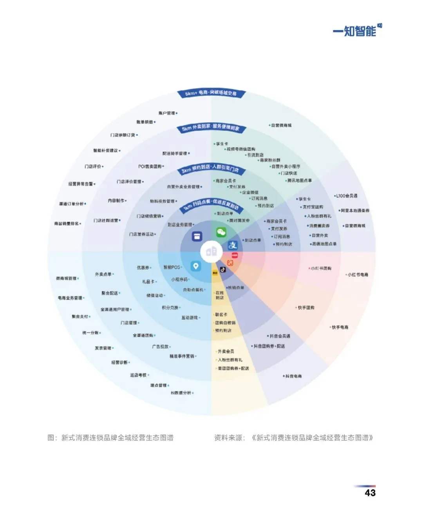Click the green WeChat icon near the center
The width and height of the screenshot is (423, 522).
click(221, 232)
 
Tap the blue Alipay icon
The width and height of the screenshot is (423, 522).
click(233, 245)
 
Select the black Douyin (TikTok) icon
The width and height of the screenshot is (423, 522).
click(223, 269)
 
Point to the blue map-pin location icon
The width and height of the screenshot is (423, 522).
click(195, 266)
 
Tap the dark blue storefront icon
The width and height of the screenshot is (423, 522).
click(197, 237)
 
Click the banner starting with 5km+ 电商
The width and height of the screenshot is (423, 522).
click(211, 93)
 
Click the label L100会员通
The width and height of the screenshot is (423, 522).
click(347, 196)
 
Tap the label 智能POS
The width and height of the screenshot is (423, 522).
click(172, 267)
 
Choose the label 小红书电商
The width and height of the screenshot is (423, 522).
click(358, 275)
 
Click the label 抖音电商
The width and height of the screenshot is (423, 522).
click(293, 376)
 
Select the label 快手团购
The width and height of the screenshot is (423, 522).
click(306, 308)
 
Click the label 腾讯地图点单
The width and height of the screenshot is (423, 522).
click(300, 181)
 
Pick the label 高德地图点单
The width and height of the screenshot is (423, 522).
click(324, 244)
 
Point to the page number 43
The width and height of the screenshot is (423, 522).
click(370, 493)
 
